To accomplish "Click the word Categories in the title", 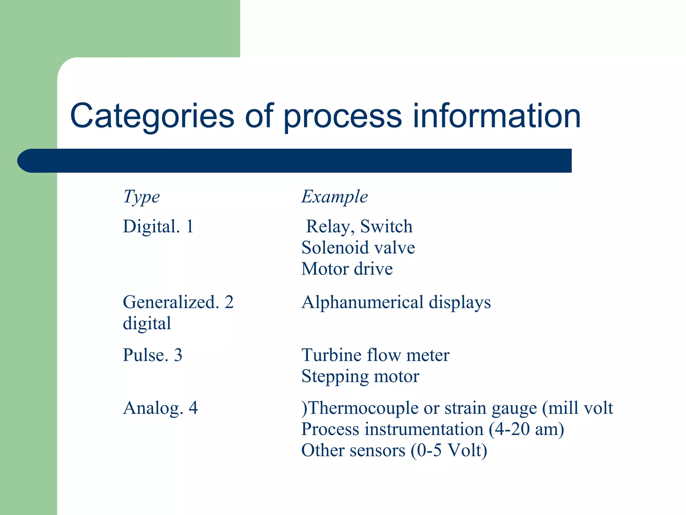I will [152, 116].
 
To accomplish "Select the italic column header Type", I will [141, 197].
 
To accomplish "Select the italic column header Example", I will [334, 196].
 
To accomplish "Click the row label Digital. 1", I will [158, 226].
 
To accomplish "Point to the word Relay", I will [330, 227].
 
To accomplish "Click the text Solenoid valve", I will [358, 248].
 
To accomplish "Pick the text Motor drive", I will [347, 269].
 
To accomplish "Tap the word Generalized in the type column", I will [171, 302].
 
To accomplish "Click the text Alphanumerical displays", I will [396, 302].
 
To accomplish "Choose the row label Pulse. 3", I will [152, 355].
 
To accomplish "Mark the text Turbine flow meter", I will [375, 355].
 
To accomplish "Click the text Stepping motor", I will [360, 377].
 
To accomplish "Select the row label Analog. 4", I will [160, 408].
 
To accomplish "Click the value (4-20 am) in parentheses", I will [526, 430].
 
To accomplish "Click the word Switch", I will [386, 227].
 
